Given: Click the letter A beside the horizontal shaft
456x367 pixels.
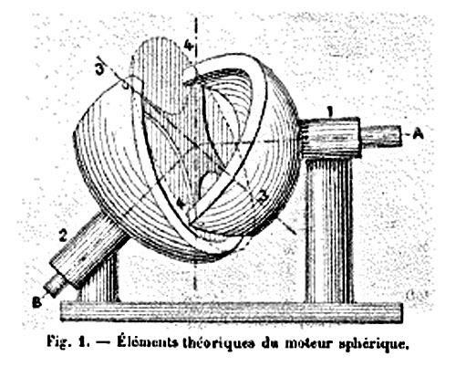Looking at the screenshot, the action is pyautogui.click(x=419, y=133).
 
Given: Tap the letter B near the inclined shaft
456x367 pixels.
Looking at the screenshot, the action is pyautogui.click(x=36, y=302).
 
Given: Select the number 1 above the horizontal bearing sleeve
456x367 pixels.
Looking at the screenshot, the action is pyautogui.click(x=330, y=111).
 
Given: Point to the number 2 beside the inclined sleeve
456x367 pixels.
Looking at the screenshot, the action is pyautogui.click(x=63, y=236).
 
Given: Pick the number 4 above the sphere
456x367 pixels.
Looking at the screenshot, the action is pyautogui.click(x=188, y=46).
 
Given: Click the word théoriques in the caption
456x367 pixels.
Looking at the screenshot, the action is pyautogui.click(x=218, y=342).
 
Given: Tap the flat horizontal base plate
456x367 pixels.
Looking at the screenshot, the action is pyautogui.click(x=232, y=312).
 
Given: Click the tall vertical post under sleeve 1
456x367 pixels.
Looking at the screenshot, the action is pyautogui.click(x=329, y=230).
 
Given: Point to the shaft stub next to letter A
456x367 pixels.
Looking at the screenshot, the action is pyautogui.click(x=380, y=136).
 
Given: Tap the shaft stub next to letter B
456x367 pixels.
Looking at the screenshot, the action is pyautogui.click(x=56, y=286).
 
